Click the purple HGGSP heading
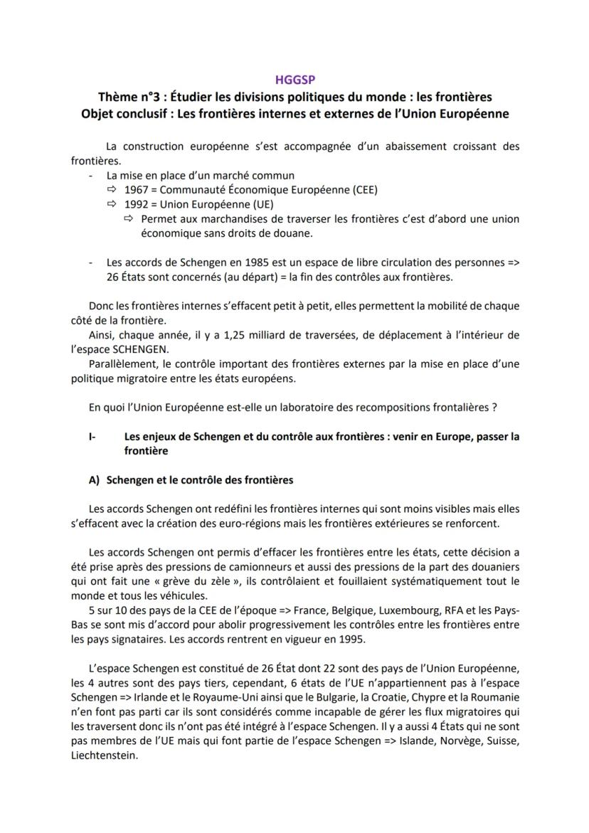pyautogui.click(x=294, y=81)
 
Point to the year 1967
pyautogui.click(x=137, y=190)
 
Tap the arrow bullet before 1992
pyautogui.click(x=111, y=204)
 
